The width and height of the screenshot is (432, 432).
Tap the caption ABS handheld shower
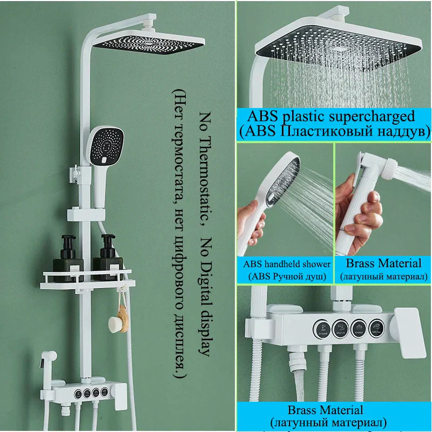click(287, 264)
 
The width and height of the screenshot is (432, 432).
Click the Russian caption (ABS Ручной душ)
click(287, 276)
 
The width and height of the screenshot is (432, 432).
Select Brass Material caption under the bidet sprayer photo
click(383, 264)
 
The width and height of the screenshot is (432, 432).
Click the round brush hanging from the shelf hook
click(114, 324)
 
